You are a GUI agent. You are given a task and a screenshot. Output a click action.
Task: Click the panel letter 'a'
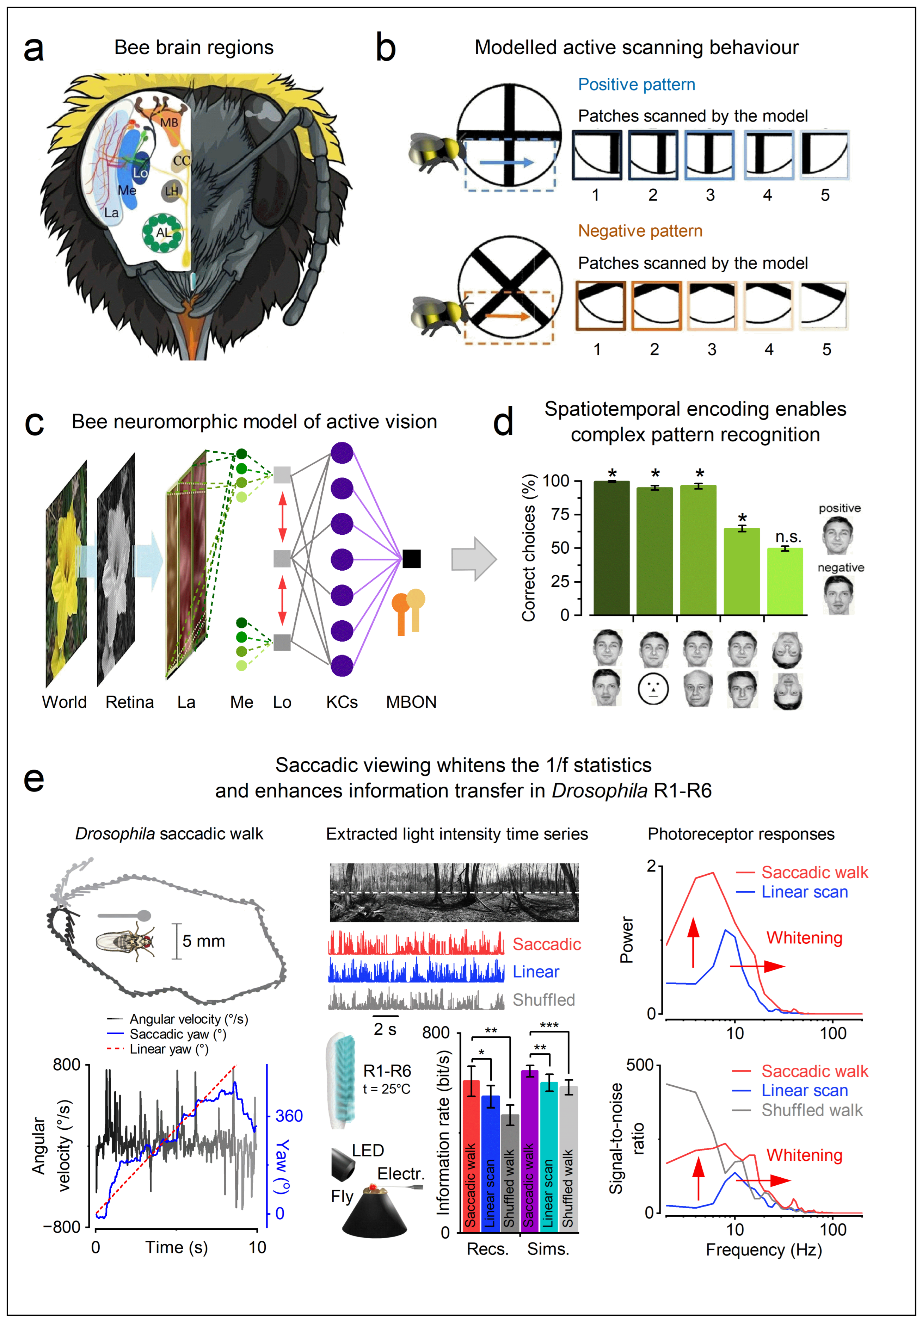(x=33, y=49)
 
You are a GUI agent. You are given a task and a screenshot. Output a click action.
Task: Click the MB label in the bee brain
(x=169, y=123)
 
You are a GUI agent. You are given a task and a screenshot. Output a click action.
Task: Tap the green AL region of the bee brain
(x=164, y=232)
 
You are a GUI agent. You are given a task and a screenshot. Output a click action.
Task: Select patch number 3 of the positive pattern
(x=709, y=155)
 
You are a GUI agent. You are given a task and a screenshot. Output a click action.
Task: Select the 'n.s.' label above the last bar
(x=788, y=537)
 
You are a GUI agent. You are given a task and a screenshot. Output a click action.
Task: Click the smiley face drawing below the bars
(x=653, y=689)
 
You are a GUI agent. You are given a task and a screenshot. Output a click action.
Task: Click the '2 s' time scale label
(x=385, y=1029)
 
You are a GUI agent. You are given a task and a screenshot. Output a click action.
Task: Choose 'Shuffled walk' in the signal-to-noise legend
(x=812, y=1110)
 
